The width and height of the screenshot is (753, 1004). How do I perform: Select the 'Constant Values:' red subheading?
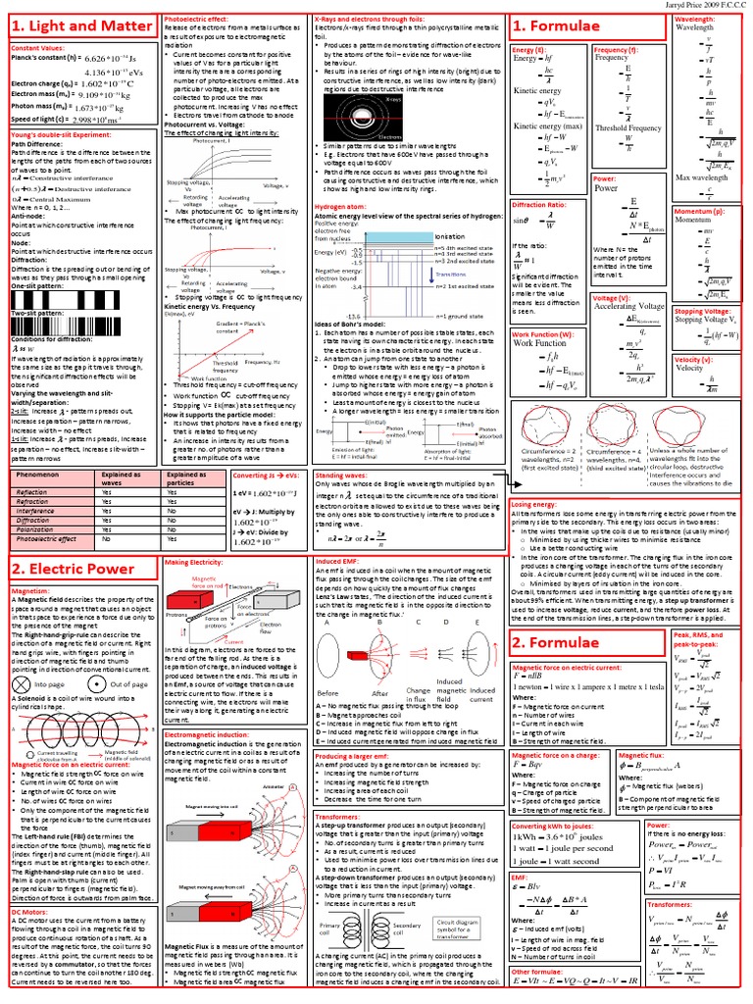(x=38, y=49)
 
